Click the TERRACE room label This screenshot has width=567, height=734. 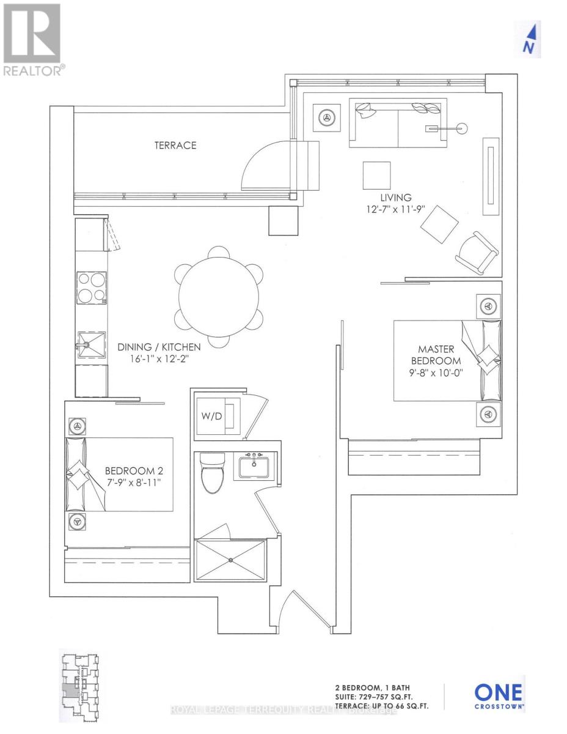pos(175,145)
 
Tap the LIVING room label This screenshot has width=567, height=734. pos(395,198)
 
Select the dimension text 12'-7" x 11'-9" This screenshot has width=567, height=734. pos(395,209)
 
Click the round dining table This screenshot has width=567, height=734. pos(219,297)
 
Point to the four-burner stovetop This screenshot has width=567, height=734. pos(91,287)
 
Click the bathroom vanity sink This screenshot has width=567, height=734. pos(255,466)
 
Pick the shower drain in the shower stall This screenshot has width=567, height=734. pos(232,560)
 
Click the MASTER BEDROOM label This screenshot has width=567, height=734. pos(436,355)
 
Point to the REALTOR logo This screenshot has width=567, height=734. pos(32,40)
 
